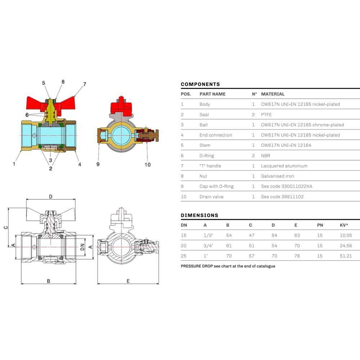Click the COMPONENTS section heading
pyautogui.click(x=200, y=84)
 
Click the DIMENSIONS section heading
pyautogui.click(x=199, y=215)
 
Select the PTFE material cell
pyautogui.click(x=266, y=114)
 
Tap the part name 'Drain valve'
pyautogui.click(x=211, y=197)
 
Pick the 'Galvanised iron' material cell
pyautogui.click(x=277, y=176)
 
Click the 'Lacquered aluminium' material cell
pyautogui.click(x=284, y=166)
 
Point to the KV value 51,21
pyautogui.click(x=346, y=256)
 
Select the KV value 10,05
pyautogui.click(x=346, y=235)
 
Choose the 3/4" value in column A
pyautogui.click(x=208, y=246)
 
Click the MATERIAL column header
pyautogui.click(x=273, y=94)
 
